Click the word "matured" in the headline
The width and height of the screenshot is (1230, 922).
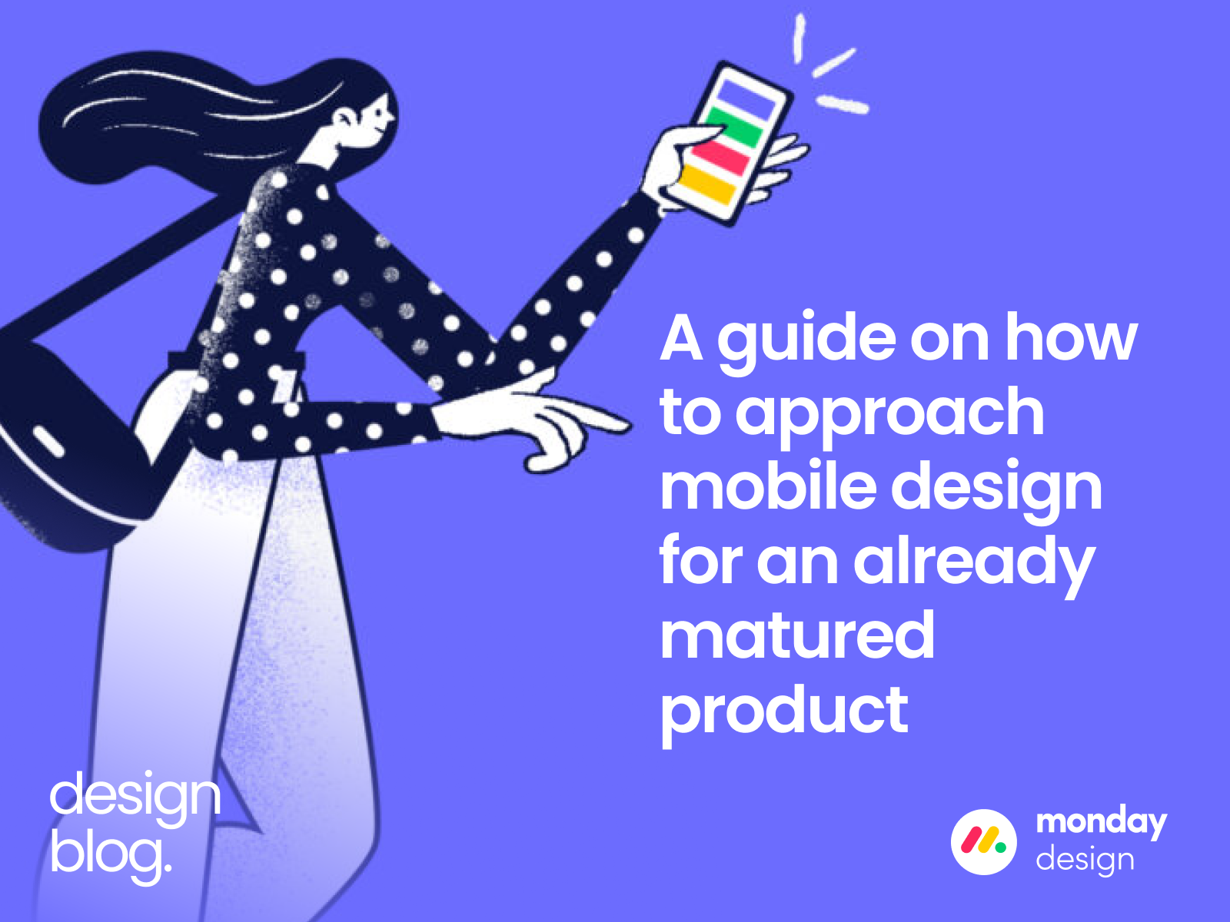pos(797,635)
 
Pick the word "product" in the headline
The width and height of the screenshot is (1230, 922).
pos(784,711)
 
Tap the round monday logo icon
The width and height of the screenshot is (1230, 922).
pos(983,841)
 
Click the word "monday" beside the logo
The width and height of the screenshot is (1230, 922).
pos(1101,823)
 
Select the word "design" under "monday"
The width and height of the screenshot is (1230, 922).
pos(1085,860)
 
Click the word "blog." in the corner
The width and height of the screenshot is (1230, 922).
pos(111,853)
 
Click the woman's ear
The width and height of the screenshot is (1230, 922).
pos(344,120)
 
